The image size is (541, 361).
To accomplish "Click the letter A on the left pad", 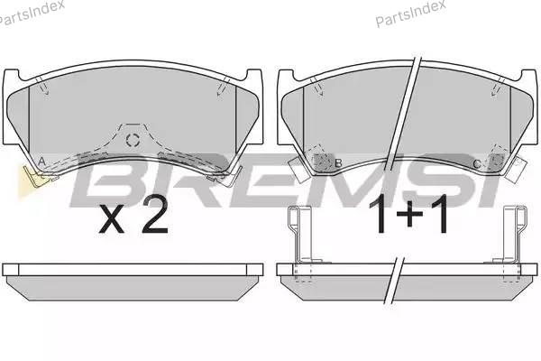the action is click(41, 162).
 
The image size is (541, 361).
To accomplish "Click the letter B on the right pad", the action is click(338, 163).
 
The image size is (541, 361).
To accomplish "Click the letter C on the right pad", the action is click(476, 164).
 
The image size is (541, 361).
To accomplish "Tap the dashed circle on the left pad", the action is click(133, 140).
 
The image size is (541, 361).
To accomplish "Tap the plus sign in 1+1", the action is click(409, 214).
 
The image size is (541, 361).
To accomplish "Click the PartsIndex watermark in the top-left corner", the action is click(32, 13).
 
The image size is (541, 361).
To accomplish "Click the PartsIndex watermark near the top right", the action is click(410, 13).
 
